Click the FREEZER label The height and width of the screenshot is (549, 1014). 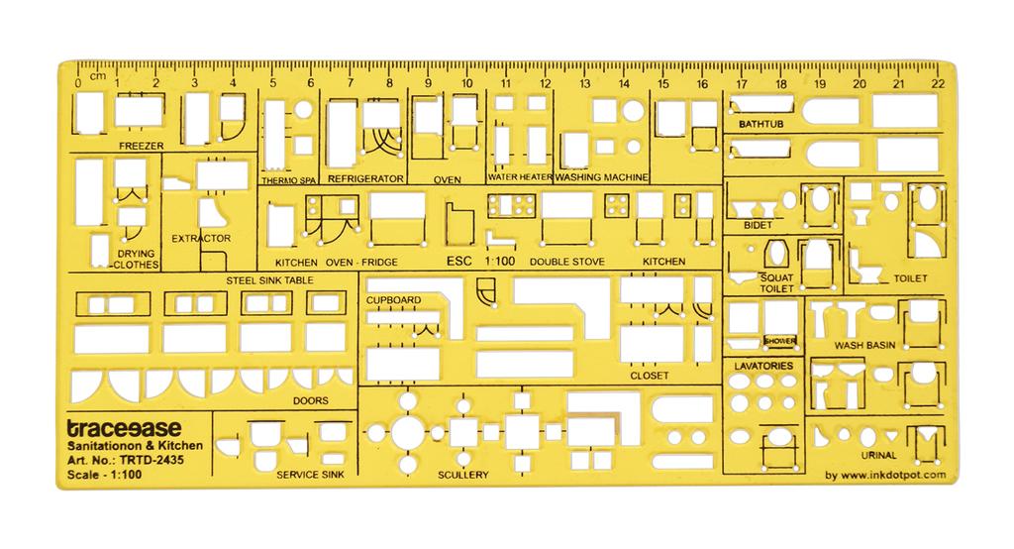point(141,147)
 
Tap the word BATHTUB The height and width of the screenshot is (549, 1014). point(761,124)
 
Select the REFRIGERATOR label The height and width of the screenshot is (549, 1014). point(365,178)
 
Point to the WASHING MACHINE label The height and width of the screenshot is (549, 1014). point(601,176)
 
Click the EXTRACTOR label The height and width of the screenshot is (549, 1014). point(201,238)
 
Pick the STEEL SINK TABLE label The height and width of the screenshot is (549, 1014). point(269,280)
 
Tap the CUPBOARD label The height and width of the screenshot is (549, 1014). point(393,300)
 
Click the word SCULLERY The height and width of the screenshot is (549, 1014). point(463,475)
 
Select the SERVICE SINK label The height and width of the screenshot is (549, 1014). point(310,475)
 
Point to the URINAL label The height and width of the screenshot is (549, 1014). point(879,455)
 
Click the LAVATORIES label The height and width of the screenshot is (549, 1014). point(763,366)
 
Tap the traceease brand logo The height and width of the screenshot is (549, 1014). point(125,428)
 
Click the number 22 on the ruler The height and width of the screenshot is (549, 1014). point(938,83)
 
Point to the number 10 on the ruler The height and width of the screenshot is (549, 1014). point(467,83)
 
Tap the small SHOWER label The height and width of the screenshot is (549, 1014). point(780,341)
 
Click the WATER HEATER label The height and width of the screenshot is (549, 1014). point(520,176)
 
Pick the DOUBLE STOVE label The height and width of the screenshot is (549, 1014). point(567,263)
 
